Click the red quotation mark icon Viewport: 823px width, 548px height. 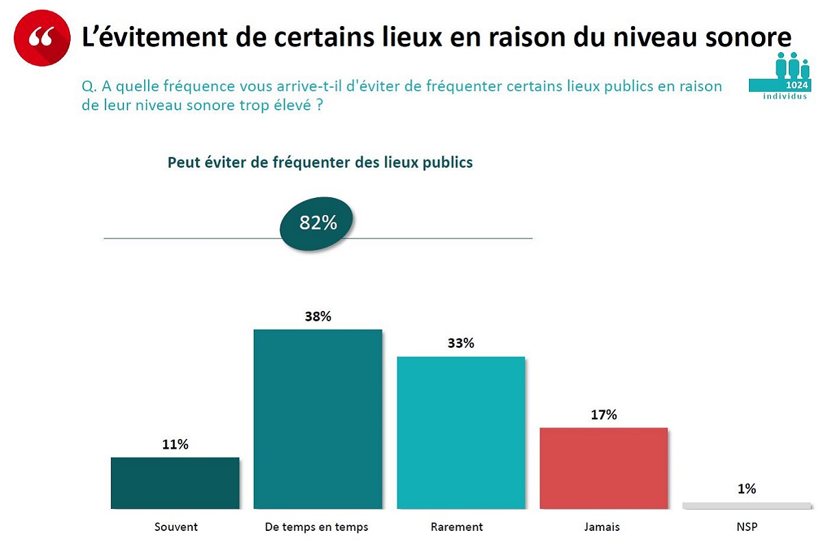(x=43, y=38)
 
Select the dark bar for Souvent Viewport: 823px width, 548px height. (x=175, y=483)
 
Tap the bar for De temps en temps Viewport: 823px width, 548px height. (x=318, y=419)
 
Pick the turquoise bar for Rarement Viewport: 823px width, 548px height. (x=461, y=432)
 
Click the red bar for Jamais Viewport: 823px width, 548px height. (x=604, y=468)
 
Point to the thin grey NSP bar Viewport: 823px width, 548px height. (x=747, y=506)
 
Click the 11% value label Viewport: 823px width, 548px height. (x=175, y=445)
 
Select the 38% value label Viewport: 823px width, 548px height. (x=318, y=316)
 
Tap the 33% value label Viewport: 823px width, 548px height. (x=461, y=343)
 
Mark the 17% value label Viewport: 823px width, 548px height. (x=604, y=414)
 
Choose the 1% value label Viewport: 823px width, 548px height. (x=747, y=488)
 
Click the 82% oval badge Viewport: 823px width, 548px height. (x=318, y=223)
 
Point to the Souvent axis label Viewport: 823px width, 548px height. (x=176, y=527)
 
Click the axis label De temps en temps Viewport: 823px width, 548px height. (x=317, y=527)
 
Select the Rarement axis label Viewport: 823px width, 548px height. (x=457, y=527)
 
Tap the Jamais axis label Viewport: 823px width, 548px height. (x=604, y=527)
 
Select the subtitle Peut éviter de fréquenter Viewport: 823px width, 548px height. (x=320, y=163)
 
